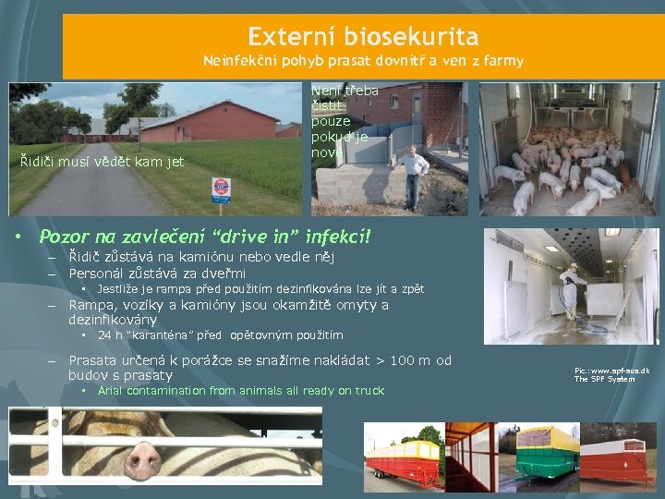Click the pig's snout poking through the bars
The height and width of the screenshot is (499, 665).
tap(143, 456)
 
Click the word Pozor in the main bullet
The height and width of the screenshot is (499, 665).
tap(68, 237)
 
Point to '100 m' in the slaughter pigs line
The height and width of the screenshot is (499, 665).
tap(410, 360)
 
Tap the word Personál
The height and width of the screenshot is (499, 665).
tap(103, 273)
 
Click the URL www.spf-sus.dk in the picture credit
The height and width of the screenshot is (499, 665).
tap(618, 371)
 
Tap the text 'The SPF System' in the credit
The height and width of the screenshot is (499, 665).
tap(604, 380)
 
